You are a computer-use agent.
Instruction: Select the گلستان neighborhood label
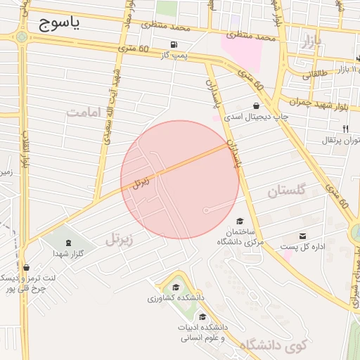pos(288,191)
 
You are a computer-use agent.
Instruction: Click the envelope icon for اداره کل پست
pos(302,236)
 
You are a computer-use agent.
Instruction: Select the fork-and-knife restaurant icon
pos(345,129)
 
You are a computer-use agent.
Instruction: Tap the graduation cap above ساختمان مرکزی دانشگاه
pos(240,221)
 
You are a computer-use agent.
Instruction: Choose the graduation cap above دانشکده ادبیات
pos(203,316)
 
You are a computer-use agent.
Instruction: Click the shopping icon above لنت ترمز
pos(26,267)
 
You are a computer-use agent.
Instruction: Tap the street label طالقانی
pos(314,72)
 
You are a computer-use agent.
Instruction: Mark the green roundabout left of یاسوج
pos(22,34)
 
